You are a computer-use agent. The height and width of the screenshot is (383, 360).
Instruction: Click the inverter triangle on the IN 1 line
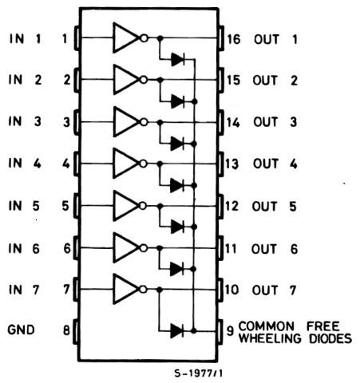[125, 38]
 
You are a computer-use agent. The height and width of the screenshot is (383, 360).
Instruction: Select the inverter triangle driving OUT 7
[125, 289]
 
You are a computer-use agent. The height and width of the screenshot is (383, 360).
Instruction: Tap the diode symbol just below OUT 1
[178, 59]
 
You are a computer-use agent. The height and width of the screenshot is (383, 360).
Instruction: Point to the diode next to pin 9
[177, 331]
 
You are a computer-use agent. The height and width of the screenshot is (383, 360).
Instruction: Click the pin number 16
[234, 39]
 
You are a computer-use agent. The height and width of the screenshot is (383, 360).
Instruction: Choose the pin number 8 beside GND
[66, 330]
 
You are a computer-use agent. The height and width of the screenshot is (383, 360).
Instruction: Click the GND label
[22, 330]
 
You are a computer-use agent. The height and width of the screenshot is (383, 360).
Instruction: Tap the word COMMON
[267, 326]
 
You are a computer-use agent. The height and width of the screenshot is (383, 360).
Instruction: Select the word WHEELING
[270, 338]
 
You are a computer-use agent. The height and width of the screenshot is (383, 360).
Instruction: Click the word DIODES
[330, 338]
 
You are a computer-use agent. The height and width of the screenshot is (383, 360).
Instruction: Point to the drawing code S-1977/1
[199, 373]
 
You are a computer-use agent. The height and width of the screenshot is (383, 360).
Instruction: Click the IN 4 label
[25, 163]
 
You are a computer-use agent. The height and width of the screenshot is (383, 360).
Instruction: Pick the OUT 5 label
[275, 207]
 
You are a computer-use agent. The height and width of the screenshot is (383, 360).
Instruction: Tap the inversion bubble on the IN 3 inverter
[144, 122]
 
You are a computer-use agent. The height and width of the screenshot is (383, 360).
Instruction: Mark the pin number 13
[231, 164]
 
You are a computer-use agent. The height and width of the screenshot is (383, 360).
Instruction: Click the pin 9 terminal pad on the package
[220, 332]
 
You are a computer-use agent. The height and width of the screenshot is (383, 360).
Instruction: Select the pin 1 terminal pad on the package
[77, 38]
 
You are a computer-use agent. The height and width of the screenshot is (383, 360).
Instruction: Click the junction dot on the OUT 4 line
[160, 164]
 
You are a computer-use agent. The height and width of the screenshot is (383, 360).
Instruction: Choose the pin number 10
[231, 290]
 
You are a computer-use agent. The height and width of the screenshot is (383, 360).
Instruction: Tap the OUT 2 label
[275, 80]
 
